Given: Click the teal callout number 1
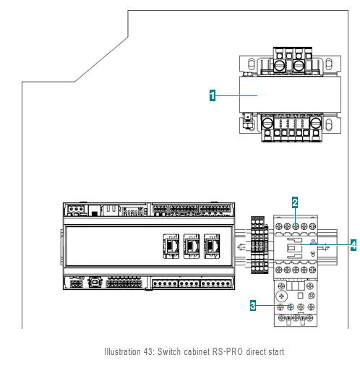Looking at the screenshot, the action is tap(213, 95).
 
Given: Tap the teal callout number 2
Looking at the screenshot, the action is tap(295, 202).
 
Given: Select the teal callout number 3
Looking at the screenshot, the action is tap(253, 306).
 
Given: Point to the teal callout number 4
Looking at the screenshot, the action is tap(353, 245).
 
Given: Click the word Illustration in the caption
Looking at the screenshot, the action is tap(122, 351).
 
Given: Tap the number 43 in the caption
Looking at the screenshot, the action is tap(148, 351).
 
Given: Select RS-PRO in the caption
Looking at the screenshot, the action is tap(228, 351).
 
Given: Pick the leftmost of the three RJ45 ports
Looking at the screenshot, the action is tap(171, 246).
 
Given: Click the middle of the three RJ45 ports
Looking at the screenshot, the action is tap(192, 246).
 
